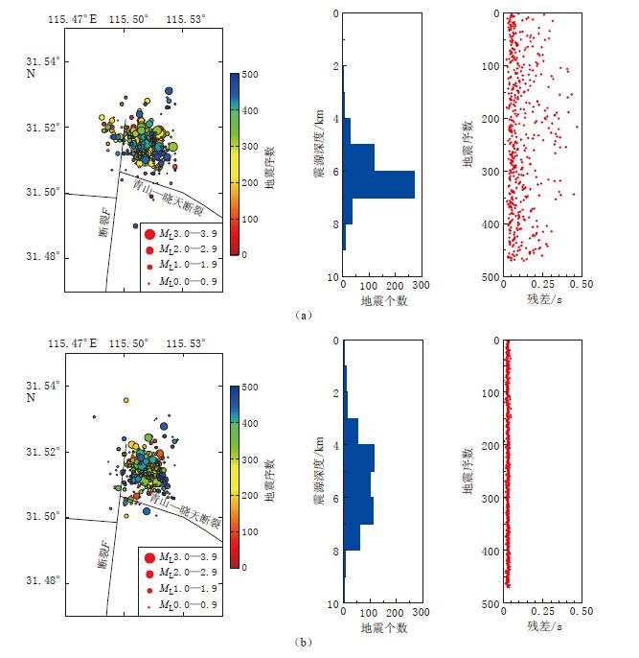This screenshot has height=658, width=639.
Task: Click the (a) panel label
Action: click(304, 314)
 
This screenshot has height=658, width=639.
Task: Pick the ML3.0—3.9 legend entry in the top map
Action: click(183, 233)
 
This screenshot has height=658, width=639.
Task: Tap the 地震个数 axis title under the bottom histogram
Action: click(384, 628)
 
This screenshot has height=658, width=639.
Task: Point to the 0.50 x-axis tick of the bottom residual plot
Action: click(581, 611)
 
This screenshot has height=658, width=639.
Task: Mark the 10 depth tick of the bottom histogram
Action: click(331, 604)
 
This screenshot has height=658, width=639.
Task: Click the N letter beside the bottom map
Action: click(31, 398)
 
